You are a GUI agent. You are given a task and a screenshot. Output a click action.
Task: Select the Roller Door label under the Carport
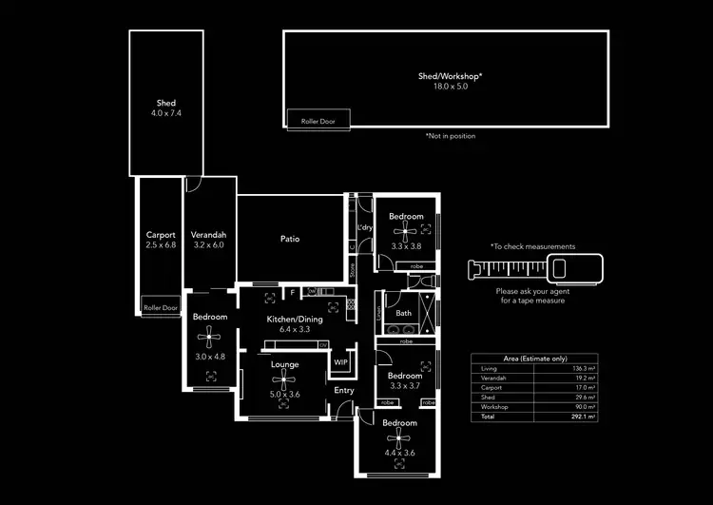pyautogui.click(x=160, y=307)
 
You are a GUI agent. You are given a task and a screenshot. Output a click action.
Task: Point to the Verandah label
pyautogui.click(x=207, y=235)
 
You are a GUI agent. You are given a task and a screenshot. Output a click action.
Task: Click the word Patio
pyautogui.click(x=290, y=239)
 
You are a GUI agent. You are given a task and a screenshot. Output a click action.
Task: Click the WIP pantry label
pyautogui.click(x=340, y=362)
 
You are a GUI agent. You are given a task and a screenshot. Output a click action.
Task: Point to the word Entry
pyautogui.click(x=343, y=390)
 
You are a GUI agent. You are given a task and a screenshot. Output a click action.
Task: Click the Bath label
pyautogui.click(x=404, y=313)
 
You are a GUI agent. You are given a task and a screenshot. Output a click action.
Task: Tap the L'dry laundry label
pyautogui.click(x=364, y=227)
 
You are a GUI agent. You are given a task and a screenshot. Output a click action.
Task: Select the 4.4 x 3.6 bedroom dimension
pyautogui.click(x=399, y=454)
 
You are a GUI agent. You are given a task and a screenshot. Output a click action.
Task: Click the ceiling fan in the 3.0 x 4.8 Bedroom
pyautogui.click(x=210, y=336)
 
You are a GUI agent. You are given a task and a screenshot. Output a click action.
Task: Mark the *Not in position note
pyautogui.click(x=451, y=136)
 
